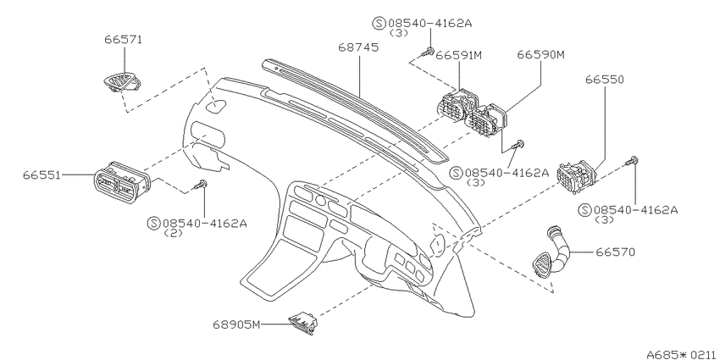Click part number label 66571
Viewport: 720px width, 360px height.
[x=123, y=40]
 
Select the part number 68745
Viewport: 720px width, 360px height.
[x=358, y=47]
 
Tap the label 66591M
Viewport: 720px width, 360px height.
[x=459, y=56]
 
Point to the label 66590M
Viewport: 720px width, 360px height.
[x=540, y=55]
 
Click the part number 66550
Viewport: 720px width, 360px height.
[x=604, y=80]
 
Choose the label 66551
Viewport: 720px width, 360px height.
[x=42, y=175]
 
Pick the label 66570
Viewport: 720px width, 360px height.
[x=615, y=252]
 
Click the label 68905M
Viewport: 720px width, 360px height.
[x=236, y=324]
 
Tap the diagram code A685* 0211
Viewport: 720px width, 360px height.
[x=683, y=354]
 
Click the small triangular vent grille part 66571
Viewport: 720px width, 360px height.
[x=122, y=82]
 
